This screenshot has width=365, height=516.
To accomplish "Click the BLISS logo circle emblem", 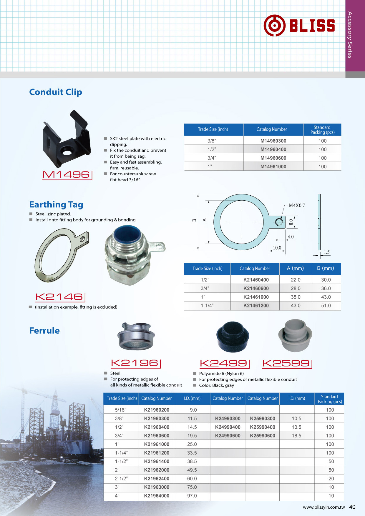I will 274,25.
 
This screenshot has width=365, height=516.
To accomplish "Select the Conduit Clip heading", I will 56,92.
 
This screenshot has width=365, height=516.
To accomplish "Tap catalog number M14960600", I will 273,158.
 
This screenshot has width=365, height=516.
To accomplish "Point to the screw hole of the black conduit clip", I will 67,152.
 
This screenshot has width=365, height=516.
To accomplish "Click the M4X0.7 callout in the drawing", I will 297,205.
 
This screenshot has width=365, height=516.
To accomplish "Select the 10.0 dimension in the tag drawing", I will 277,248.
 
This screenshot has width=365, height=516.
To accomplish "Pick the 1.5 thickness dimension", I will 326,252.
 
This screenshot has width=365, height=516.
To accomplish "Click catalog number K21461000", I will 256,297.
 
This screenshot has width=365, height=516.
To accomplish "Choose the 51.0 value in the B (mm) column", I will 326,306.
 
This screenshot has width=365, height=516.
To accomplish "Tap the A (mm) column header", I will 295,268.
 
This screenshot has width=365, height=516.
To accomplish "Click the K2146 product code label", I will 60,297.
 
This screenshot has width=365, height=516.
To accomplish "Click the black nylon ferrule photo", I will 233,337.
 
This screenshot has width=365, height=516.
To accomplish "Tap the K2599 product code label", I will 286,364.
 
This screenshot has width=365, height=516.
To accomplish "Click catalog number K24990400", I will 228,427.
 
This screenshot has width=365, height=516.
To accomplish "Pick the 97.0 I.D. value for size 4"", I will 192,496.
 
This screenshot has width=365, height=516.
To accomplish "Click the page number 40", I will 352,507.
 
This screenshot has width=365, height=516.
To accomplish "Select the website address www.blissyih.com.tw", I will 324,507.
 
